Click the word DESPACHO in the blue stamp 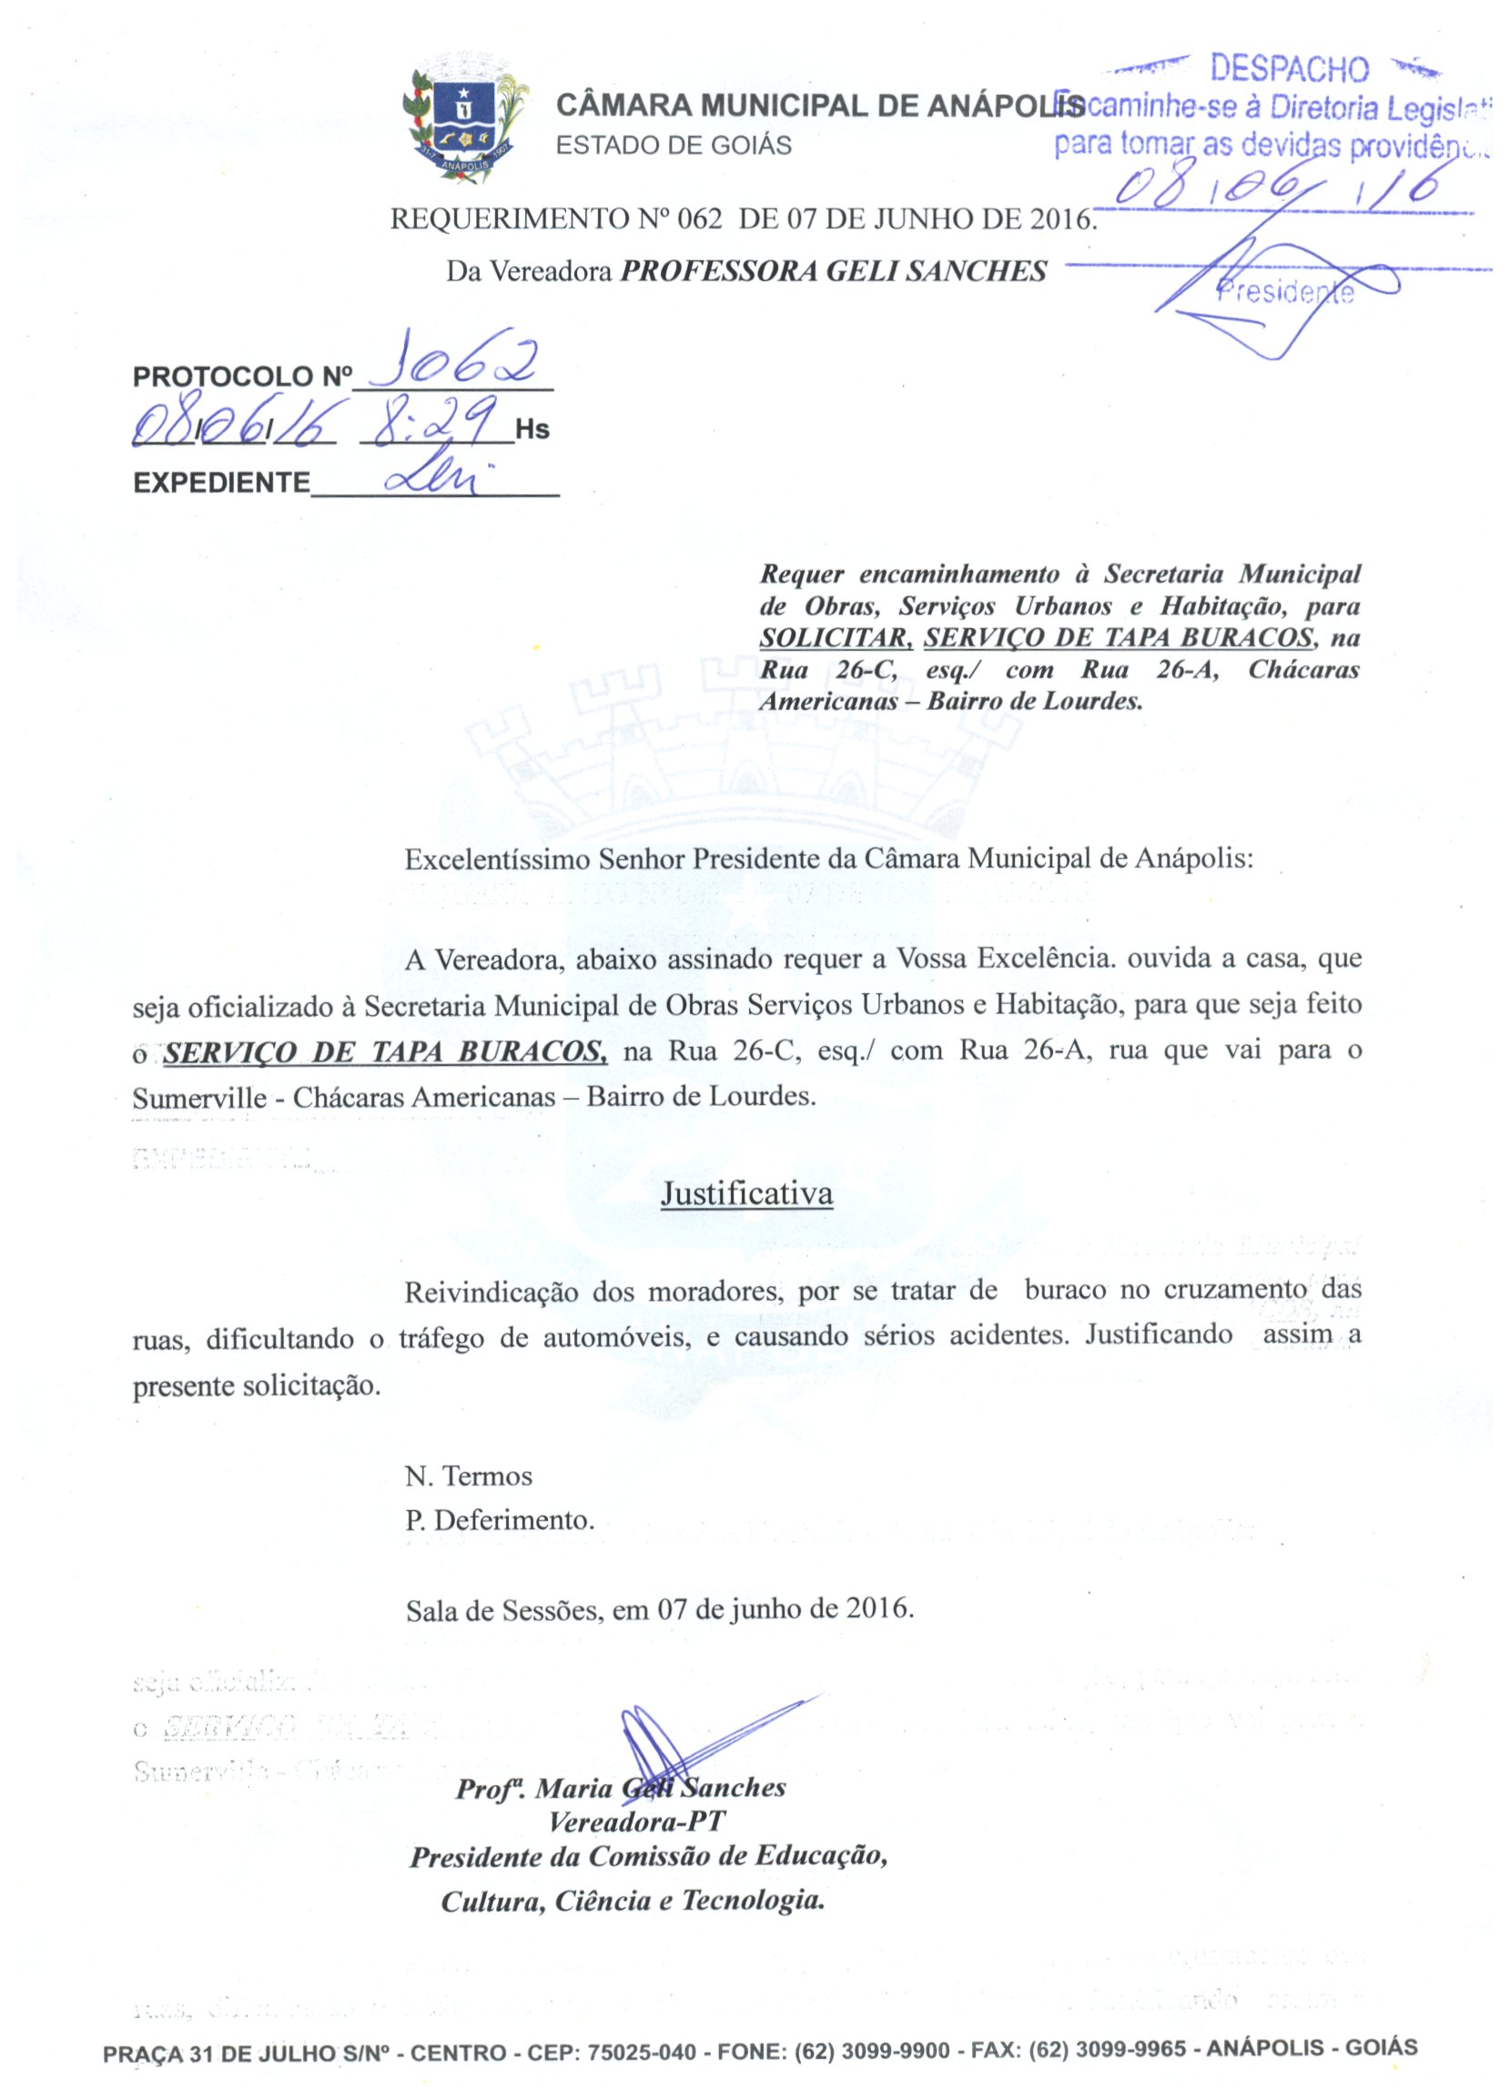point(1289,69)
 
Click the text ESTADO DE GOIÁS point(673,146)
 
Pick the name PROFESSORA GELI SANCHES point(833,271)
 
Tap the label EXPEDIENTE point(222,482)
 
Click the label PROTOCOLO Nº point(242,377)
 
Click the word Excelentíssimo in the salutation point(497,858)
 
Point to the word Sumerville point(199,1097)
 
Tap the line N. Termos point(469,1475)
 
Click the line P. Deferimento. point(499,1519)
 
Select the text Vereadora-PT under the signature point(637,1821)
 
